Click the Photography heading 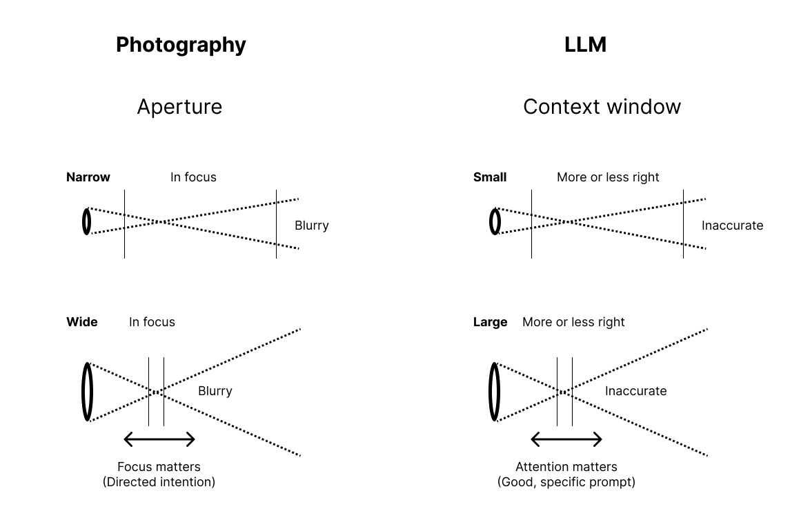coord(181,45)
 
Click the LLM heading coord(585,45)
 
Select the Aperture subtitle coord(179,107)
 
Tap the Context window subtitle coord(602,107)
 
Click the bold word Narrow coord(88,177)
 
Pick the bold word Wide coord(82,322)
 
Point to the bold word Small coord(490,177)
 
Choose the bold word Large coord(491,322)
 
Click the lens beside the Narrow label coord(87,221)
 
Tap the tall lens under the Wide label coord(88,391)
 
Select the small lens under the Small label coord(495,221)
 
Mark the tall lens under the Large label coord(495,391)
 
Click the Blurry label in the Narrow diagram coord(312,226)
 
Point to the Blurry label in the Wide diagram coord(215,391)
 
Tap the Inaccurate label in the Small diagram coord(732,226)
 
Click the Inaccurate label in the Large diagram coord(635,391)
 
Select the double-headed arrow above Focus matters coord(159,439)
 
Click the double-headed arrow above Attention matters coord(566,439)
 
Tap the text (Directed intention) coord(159,482)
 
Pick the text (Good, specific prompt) coord(566,482)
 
